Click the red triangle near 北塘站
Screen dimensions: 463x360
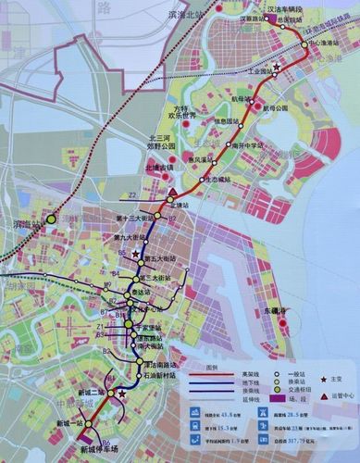click(172, 194)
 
